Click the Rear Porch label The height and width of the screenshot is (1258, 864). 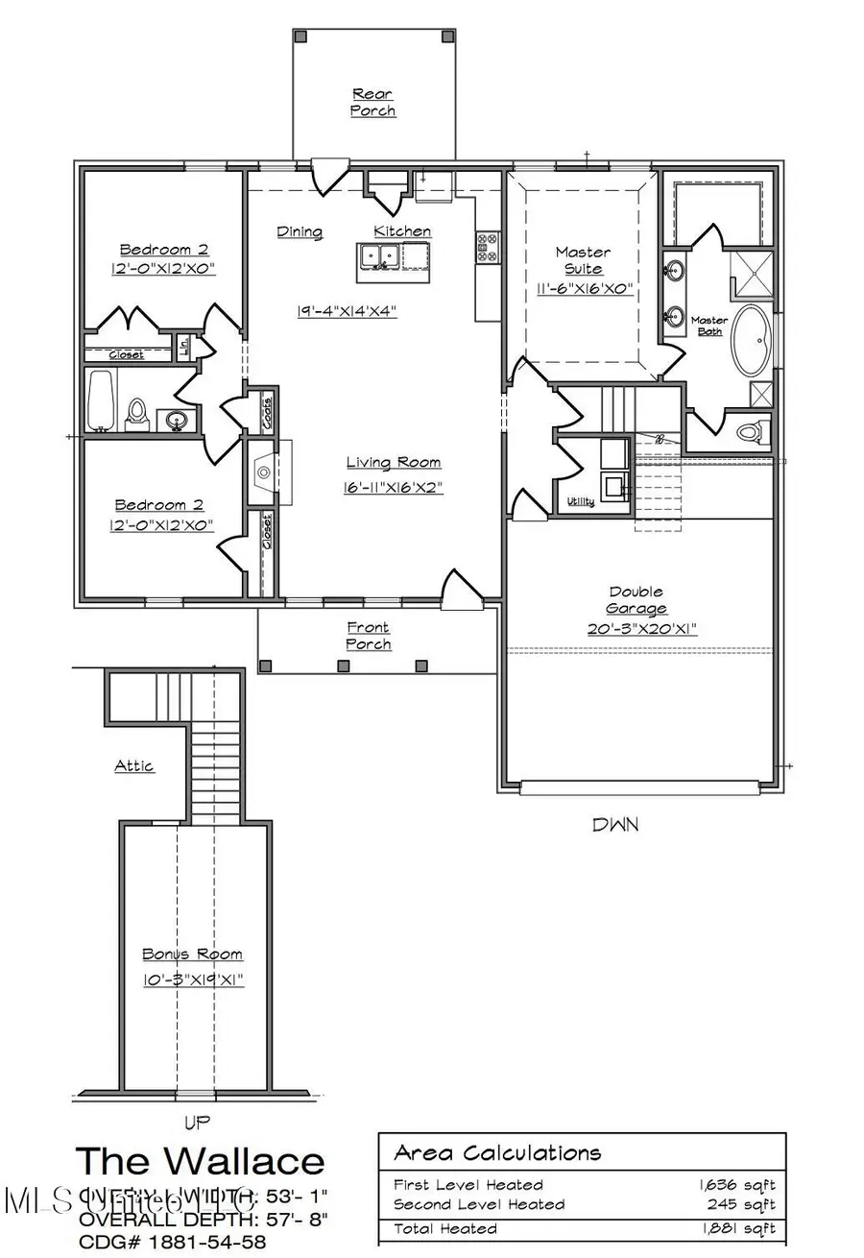(373, 103)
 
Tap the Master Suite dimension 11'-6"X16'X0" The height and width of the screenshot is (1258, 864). (584, 287)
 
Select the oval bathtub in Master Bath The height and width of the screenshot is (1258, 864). (754, 342)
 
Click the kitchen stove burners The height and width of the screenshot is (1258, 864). (486, 247)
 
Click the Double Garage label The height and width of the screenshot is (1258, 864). (636, 600)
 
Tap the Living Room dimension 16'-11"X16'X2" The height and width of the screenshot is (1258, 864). (393, 488)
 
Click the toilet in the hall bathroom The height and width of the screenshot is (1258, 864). (136, 414)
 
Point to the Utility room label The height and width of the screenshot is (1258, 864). (580, 501)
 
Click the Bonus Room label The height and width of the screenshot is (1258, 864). (192, 954)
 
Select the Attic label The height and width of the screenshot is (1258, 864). (134, 766)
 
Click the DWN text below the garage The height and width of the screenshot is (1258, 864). (614, 824)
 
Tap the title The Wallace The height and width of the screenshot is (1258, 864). (200, 1160)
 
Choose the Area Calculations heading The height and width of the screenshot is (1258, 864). (497, 1152)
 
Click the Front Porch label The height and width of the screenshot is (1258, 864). (369, 636)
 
